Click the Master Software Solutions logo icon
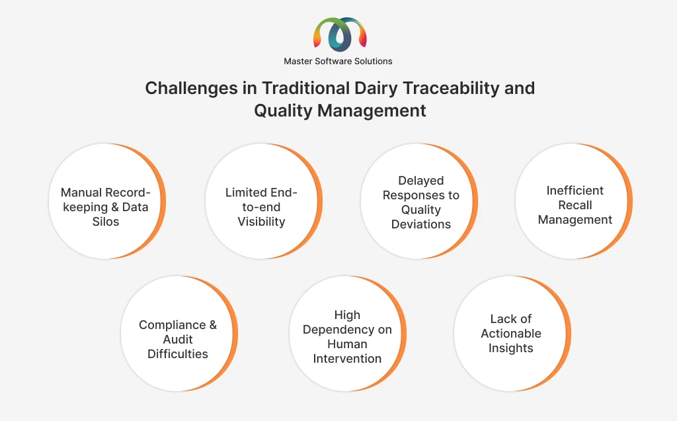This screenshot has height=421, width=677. pyautogui.click(x=340, y=34)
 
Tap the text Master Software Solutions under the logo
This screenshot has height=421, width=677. pyautogui.click(x=338, y=62)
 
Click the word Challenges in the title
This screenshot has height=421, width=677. pyautogui.click(x=191, y=89)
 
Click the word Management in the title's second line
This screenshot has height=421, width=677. pyautogui.click(x=372, y=111)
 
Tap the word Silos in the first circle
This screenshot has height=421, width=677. pyautogui.click(x=106, y=222)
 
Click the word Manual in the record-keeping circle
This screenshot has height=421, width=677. pyautogui.click(x=81, y=193)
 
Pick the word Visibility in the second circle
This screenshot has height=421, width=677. pyautogui.click(x=261, y=222)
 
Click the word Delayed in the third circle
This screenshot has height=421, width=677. pyautogui.click(x=421, y=181)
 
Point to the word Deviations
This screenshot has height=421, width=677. pyautogui.click(x=421, y=224)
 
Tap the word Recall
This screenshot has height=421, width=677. pyautogui.click(x=575, y=205)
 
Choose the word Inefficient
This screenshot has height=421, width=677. pyautogui.click(x=575, y=190)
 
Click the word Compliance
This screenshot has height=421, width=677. pyautogui.click(x=173, y=325)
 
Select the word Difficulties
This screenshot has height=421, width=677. pyautogui.click(x=177, y=354)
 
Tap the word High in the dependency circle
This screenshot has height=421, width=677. pyautogui.click(x=347, y=315)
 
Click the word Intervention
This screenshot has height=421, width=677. pyautogui.click(x=347, y=359)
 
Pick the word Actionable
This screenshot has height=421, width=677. pyautogui.click(x=511, y=334)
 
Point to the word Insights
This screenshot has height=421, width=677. pyautogui.click(x=511, y=348)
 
